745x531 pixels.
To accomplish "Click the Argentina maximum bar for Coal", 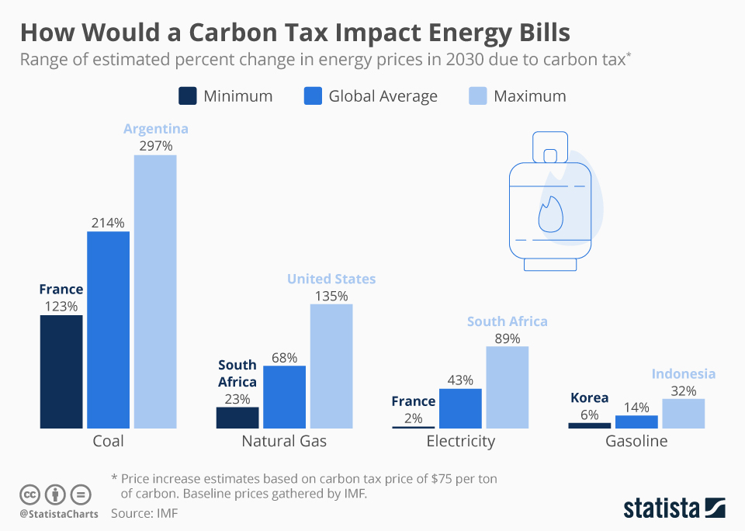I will pos(155,291).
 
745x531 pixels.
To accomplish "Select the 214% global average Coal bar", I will pos(108,329).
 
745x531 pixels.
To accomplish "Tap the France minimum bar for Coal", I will pos(61,371).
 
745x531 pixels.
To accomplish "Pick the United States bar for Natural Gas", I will pos(331,366).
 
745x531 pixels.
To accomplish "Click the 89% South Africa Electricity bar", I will pos(507,387).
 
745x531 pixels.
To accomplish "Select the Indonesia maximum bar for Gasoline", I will pos(683,413).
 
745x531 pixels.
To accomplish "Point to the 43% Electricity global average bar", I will pos(460,408).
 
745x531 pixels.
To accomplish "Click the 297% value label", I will pos(155,145).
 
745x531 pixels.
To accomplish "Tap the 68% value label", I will pos(284,357).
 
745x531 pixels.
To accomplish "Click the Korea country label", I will pos(590,397).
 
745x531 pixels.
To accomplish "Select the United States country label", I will pos(331,279).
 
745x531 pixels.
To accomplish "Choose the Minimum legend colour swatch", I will pos(187,96).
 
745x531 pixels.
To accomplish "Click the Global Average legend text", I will pos(383,96).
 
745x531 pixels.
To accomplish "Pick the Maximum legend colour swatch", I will pos(478,96).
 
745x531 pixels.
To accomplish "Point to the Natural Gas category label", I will pos(284,442).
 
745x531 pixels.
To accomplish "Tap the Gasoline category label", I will pos(636,442).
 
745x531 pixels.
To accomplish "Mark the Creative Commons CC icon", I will pos(29,495).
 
